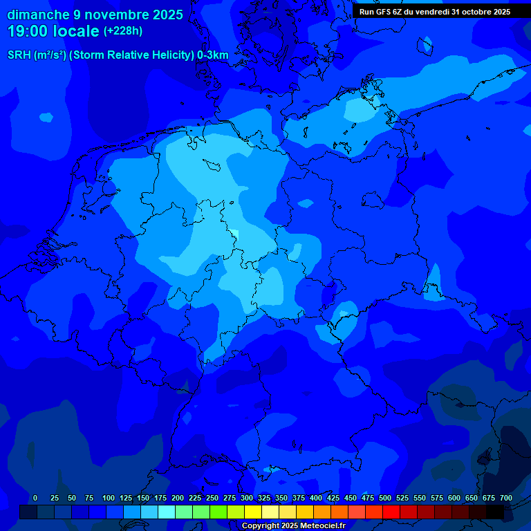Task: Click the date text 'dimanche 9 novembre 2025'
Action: point(95,15)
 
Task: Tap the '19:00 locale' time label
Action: point(53,31)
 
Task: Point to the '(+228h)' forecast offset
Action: point(123,31)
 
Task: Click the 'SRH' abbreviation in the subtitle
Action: point(19,55)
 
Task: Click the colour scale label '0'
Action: point(35,498)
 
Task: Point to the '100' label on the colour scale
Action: point(109,498)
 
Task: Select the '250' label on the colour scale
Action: point(212,498)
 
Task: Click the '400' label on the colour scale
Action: point(316,498)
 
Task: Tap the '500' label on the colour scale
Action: point(385,498)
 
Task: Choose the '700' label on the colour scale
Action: point(505,498)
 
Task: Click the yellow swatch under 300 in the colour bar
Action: point(252,512)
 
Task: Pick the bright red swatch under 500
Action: point(391,512)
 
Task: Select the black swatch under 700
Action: point(495,512)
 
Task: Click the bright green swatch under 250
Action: point(218,512)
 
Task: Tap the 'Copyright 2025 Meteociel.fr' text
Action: point(294,525)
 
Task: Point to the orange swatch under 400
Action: point(322,512)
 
